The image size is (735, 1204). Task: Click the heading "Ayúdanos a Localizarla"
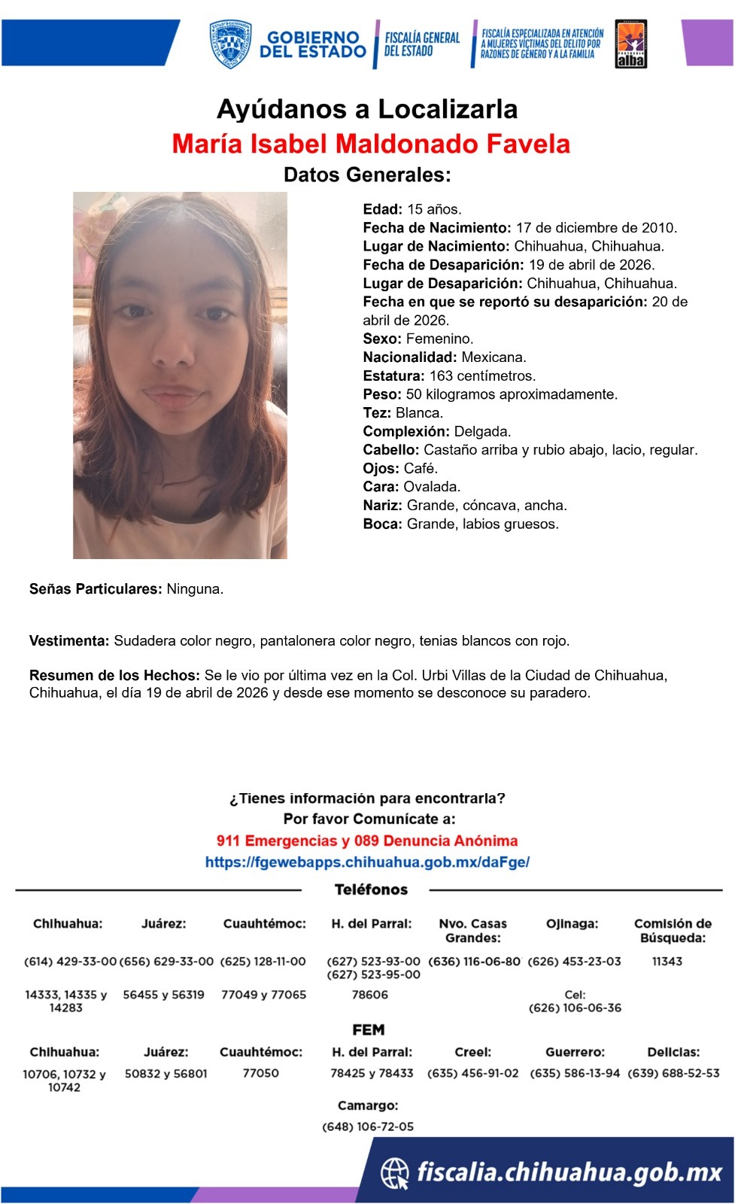click(x=367, y=110)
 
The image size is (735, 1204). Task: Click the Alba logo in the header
click(x=630, y=44)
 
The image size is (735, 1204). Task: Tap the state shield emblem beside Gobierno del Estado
click(x=230, y=44)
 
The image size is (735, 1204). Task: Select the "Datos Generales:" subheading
click(x=367, y=175)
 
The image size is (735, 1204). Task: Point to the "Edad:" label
click(x=382, y=209)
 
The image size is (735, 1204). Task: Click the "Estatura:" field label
click(x=393, y=375)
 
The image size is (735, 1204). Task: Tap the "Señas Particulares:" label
click(x=96, y=589)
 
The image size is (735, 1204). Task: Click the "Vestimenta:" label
click(x=69, y=641)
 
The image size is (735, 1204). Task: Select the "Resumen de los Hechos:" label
click(x=114, y=675)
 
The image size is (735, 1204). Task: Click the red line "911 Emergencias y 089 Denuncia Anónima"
click(x=367, y=841)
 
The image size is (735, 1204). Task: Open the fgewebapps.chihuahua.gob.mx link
click(x=367, y=862)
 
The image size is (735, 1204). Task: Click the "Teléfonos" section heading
click(x=371, y=889)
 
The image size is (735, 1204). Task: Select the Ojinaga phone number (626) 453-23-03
click(x=574, y=961)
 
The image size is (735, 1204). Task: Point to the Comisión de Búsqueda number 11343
click(x=667, y=961)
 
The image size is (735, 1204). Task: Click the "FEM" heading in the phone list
click(x=368, y=1029)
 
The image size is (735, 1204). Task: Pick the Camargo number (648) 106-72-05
click(x=368, y=1126)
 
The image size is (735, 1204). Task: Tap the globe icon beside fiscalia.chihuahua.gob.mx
click(x=395, y=1172)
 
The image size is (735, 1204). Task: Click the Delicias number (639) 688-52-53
click(x=673, y=1073)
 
